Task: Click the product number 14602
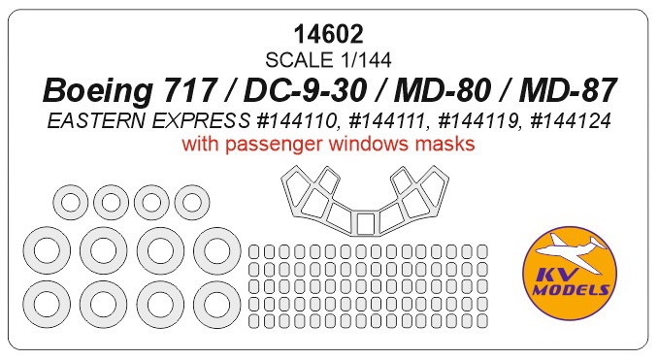point(328,34)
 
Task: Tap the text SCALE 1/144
point(328,60)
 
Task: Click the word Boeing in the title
point(97,91)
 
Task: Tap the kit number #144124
point(571,121)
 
